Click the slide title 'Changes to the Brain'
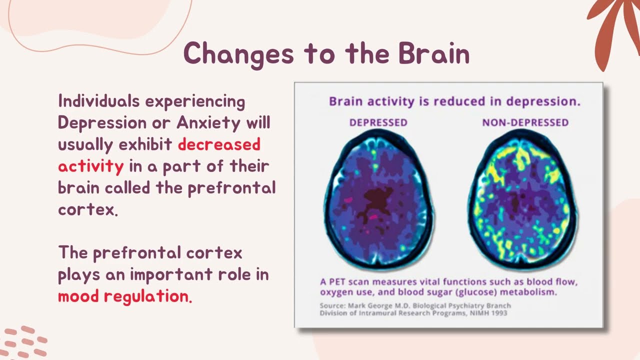326,53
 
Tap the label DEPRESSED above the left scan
378,122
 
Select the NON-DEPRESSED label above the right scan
525,122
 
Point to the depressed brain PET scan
378,197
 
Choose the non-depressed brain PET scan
525,197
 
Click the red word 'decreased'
219,144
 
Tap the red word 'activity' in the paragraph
90,166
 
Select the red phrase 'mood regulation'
123,296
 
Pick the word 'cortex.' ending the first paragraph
88,209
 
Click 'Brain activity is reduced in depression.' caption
454,101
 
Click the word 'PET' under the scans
337,281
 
